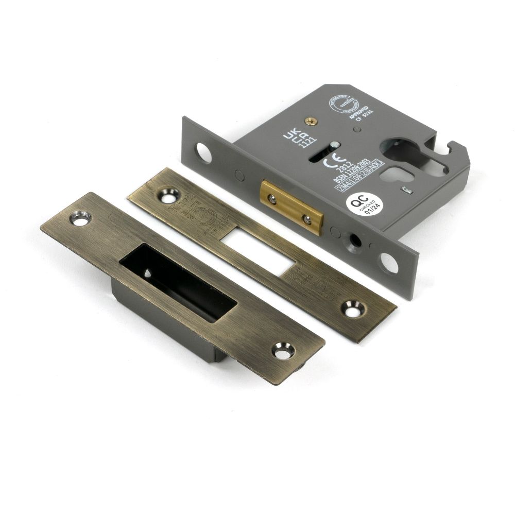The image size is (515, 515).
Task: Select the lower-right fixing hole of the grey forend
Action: [x=390, y=263]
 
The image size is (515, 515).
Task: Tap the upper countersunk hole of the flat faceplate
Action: [x=168, y=195]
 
